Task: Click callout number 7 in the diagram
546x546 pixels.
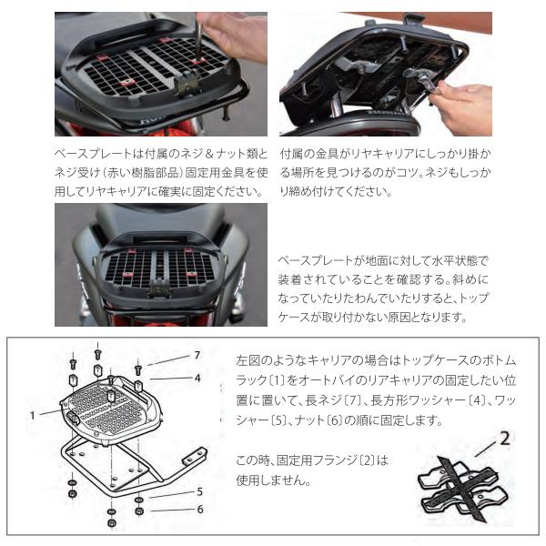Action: (x=197, y=355)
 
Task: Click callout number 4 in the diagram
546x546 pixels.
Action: (x=197, y=378)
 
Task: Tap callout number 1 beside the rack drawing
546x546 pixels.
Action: (x=33, y=416)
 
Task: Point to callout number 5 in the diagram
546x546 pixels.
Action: (x=199, y=491)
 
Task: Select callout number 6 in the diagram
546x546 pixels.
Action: (x=200, y=510)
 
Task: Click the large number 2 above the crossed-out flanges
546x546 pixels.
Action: (x=505, y=439)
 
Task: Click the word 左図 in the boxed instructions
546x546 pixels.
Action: (x=248, y=360)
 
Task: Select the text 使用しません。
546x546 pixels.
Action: (x=273, y=480)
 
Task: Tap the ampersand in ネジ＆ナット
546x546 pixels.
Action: (x=209, y=154)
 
